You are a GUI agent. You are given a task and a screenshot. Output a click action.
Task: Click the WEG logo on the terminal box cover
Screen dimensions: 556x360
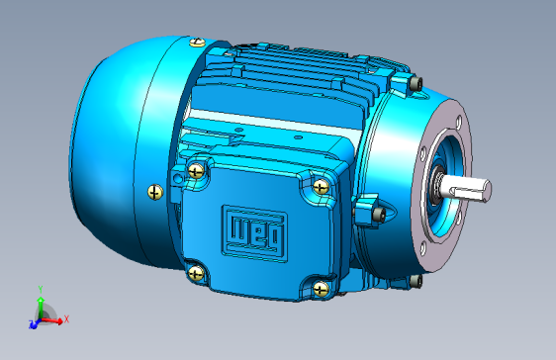[254, 233]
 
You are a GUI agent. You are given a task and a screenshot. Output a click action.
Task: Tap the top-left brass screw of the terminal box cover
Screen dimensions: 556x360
[196, 171]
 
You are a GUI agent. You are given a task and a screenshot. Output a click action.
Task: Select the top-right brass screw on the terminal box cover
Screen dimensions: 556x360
[322, 187]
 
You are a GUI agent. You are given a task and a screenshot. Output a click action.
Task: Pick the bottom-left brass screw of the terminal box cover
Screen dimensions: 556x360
[196, 274]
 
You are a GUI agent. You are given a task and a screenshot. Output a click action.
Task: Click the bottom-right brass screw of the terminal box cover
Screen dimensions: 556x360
[322, 289]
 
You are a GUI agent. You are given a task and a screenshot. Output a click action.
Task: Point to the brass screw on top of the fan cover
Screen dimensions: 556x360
[197, 43]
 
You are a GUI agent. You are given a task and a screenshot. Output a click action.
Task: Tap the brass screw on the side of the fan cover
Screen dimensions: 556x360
[155, 193]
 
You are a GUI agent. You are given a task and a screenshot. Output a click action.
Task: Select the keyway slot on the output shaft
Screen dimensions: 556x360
[467, 193]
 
